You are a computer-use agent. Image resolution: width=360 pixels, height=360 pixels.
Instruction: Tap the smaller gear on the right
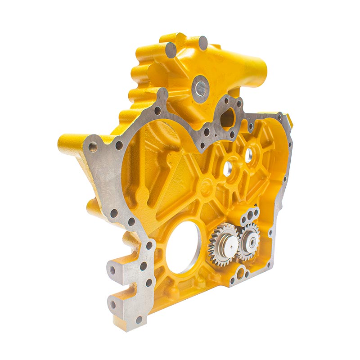(248, 241)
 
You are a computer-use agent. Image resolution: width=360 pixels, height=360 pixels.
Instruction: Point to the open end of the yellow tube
(262, 71)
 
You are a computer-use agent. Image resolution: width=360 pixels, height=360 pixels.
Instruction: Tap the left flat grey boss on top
(171, 49)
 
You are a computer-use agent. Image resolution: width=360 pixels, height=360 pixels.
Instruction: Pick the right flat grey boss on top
(203, 43)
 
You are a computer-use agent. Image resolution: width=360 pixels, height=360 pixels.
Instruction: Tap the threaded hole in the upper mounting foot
(112, 270)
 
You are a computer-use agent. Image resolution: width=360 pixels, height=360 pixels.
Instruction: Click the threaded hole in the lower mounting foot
(113, 305)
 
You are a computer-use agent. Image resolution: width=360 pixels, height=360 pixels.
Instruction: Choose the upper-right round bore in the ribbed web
(248, 154)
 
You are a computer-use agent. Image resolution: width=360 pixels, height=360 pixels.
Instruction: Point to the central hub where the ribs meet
(207, 184)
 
